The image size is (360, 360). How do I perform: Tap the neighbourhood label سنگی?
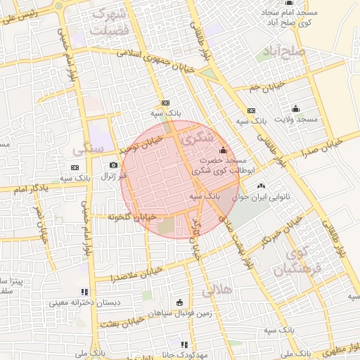click(88, 148)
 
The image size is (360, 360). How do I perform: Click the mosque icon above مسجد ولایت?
click(295, 108)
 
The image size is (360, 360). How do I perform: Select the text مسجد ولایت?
click(298, 120)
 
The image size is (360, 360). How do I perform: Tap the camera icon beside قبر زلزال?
click(113, 165)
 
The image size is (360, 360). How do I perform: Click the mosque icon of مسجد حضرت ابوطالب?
click(224, 150)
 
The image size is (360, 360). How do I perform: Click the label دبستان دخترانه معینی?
click(77, 304)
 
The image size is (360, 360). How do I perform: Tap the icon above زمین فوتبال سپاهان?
click(179, 302)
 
